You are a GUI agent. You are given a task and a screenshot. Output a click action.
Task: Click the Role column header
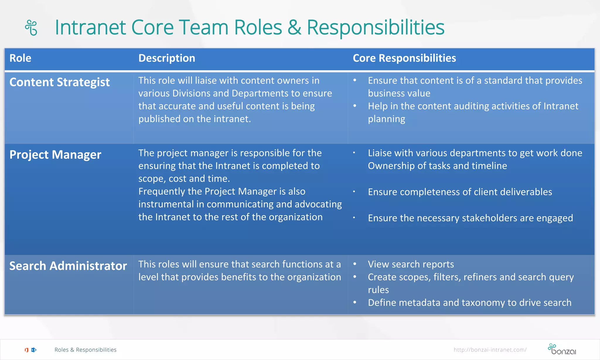point(20,58)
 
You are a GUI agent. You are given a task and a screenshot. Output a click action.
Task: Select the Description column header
point(167,58)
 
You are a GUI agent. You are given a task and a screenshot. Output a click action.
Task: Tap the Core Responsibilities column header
point(404,58)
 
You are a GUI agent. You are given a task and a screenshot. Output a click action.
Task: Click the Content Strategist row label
point(59,82)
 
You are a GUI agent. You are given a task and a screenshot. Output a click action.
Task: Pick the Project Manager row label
point(55,154)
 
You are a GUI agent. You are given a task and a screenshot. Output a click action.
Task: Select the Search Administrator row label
point(68,266)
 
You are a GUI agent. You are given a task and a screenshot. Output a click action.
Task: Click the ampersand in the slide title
point(294,27)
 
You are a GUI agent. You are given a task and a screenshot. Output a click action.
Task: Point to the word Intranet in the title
point(91,27)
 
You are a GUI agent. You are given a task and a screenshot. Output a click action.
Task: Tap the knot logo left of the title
point(31,28)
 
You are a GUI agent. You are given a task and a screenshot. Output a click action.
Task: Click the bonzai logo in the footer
point(562,349)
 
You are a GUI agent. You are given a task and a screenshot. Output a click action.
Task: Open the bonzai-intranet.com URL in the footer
point(490,350)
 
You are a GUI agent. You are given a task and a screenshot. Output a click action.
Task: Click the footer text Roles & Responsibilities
point(86,350)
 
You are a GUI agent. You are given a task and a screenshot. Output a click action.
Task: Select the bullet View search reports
point(411,264)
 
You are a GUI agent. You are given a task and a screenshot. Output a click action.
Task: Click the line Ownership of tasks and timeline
point(437,166)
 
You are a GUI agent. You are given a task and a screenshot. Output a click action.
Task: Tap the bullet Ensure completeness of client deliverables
point(460,192)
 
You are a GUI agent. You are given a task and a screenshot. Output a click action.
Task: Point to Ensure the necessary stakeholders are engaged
point(470,218)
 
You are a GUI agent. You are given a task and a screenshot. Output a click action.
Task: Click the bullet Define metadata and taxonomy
point(470,303)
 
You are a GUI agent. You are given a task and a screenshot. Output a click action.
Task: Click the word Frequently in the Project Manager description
point(162,191)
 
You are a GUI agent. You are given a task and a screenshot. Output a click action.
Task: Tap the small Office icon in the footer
point(27,350)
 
